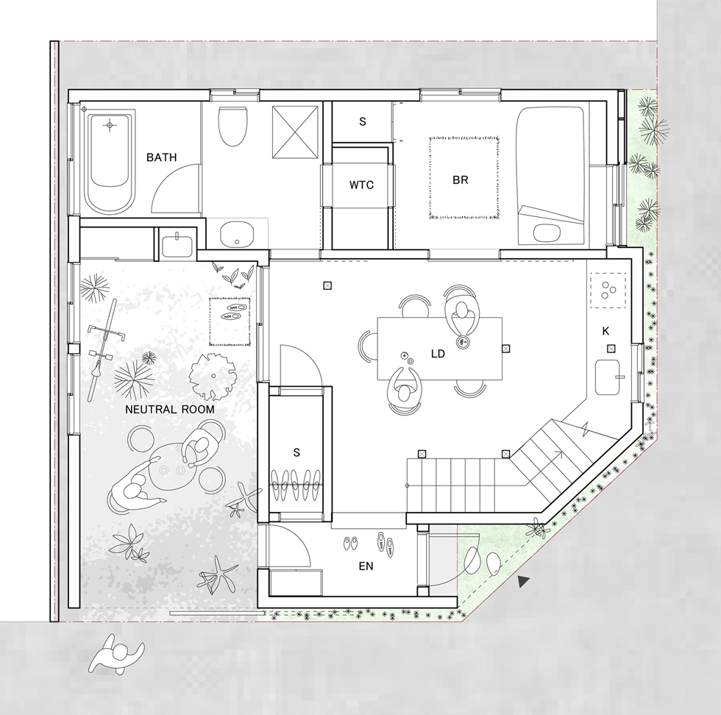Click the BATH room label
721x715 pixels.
161,157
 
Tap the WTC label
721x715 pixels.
361,185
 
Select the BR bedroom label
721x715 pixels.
461,179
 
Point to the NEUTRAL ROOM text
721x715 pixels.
170,409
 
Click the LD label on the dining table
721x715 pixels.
438,354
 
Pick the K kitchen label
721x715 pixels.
605,331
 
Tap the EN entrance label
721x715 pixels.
366,566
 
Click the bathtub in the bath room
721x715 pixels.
110,162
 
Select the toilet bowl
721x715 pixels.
232,126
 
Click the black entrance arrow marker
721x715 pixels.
523,582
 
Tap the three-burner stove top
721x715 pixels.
608,290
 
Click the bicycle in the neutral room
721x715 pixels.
104,349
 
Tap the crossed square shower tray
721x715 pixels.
295,132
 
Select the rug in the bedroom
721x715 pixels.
464,177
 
